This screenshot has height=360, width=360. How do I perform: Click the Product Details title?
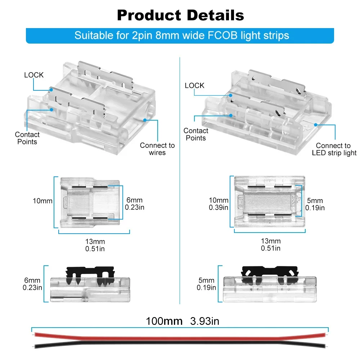pos(180,15)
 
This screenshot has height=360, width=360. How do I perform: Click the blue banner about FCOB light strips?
pos(180,36)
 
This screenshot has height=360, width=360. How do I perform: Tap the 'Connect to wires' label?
pos(157,149)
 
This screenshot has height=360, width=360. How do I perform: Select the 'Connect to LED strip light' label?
pos(333,149)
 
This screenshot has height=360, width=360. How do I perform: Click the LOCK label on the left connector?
pos(34,75)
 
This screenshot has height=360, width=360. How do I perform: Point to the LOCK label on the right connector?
pos(194,85)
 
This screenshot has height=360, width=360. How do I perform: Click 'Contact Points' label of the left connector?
pos(27,138)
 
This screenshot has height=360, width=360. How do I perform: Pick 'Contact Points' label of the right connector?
pos(196,134)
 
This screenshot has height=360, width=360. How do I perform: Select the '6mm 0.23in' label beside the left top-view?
pos(134,203)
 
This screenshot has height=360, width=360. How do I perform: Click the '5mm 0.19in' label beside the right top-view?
pos(315,204)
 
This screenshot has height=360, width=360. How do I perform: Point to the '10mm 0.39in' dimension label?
pos(219,204)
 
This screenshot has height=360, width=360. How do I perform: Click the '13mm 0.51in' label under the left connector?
pos(95,245)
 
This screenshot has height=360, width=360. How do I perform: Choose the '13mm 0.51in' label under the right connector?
pos(271,245)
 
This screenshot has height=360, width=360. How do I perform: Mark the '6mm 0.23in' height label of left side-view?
pos(32,284)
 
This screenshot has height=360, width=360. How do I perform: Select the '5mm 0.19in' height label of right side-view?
pos(206,284)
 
